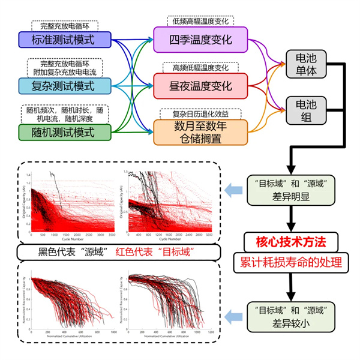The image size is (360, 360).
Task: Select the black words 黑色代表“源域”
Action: [x=78, y=251]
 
